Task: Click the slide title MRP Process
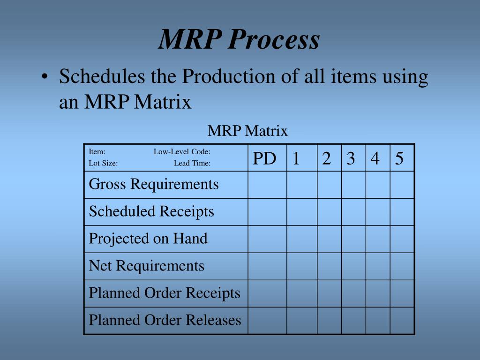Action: (239, 39)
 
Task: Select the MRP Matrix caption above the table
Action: (247, 131)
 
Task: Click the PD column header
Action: (264, 159)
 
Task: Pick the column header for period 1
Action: (296, 159)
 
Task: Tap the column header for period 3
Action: (351, 159)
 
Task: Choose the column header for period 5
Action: (399, 159)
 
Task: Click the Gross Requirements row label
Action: (154, 184)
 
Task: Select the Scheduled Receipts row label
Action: (151, 211)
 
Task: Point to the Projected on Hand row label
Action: (148, 239)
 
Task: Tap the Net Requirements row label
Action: (147, 266)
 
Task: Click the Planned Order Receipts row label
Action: (165, 293)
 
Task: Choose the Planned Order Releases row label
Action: (165, 320)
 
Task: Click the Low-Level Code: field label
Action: (182, 151)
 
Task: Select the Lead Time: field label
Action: (192, 164)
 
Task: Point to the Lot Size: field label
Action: (103, 164)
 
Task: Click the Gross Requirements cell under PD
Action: (267, 184)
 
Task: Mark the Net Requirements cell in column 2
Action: (329, 266)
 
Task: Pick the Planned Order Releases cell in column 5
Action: (402, 320)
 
